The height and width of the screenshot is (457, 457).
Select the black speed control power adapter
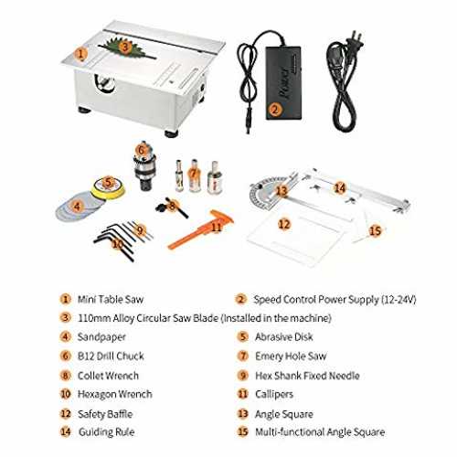coord(283,82)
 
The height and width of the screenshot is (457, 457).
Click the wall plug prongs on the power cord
coord(357,39)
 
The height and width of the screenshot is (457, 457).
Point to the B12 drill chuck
coord(144,166)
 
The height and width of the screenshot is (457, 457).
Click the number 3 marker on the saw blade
coord(124,48)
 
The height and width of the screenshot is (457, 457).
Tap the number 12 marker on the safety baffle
coord(284,225)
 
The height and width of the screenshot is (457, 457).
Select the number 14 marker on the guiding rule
coord(340,187)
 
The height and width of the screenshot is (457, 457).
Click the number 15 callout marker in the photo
coord(375,230)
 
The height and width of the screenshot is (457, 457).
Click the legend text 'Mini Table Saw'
coord(111,300)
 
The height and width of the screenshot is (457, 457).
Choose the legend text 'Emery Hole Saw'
coord(291,356)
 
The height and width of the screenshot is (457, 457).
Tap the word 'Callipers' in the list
coord(274,395)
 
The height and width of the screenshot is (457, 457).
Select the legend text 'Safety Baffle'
coord(105,414)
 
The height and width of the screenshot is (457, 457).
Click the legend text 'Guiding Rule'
coord(106,432)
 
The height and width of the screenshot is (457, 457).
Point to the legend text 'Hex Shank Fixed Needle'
coord(307,376)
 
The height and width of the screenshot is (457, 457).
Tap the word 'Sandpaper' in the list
coord(101,337)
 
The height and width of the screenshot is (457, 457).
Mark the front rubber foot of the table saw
coord(171,133)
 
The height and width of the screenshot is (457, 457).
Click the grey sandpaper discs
coord(76,208)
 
